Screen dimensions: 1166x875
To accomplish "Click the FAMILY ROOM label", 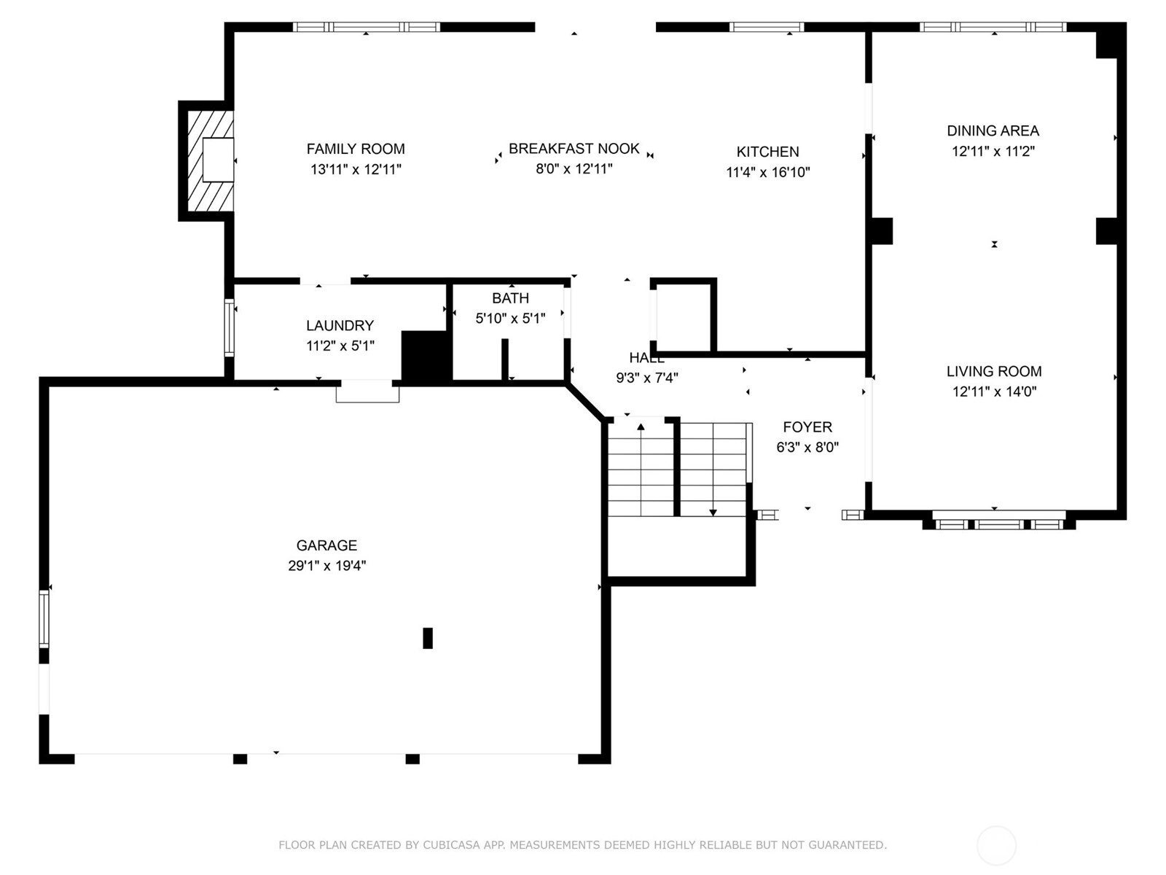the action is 356,149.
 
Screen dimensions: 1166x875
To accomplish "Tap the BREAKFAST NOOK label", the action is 574,149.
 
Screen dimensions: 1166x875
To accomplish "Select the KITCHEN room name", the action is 767,152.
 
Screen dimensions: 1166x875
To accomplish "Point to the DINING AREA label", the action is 993,131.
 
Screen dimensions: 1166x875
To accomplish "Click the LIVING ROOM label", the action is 994,371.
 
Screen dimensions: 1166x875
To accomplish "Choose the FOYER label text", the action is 807,427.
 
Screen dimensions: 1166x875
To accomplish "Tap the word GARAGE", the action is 326,545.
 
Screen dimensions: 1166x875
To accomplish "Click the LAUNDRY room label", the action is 340,326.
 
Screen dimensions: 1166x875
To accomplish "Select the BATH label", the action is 510,298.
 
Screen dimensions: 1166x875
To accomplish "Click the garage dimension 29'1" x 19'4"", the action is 326,566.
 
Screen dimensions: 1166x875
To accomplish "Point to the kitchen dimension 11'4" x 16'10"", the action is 767,172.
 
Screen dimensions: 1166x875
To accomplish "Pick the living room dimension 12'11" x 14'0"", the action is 994,392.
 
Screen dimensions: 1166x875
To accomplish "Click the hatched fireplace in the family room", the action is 211,160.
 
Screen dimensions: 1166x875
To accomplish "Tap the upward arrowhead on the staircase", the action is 641,426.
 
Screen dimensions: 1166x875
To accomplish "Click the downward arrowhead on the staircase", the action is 713,513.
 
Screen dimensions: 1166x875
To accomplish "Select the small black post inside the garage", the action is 428,638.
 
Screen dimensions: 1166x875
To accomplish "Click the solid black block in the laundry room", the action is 426,355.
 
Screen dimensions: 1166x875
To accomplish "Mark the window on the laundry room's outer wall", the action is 229,328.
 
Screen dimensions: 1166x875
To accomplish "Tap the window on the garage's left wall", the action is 44,619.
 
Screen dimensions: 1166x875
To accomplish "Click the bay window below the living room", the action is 998,521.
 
